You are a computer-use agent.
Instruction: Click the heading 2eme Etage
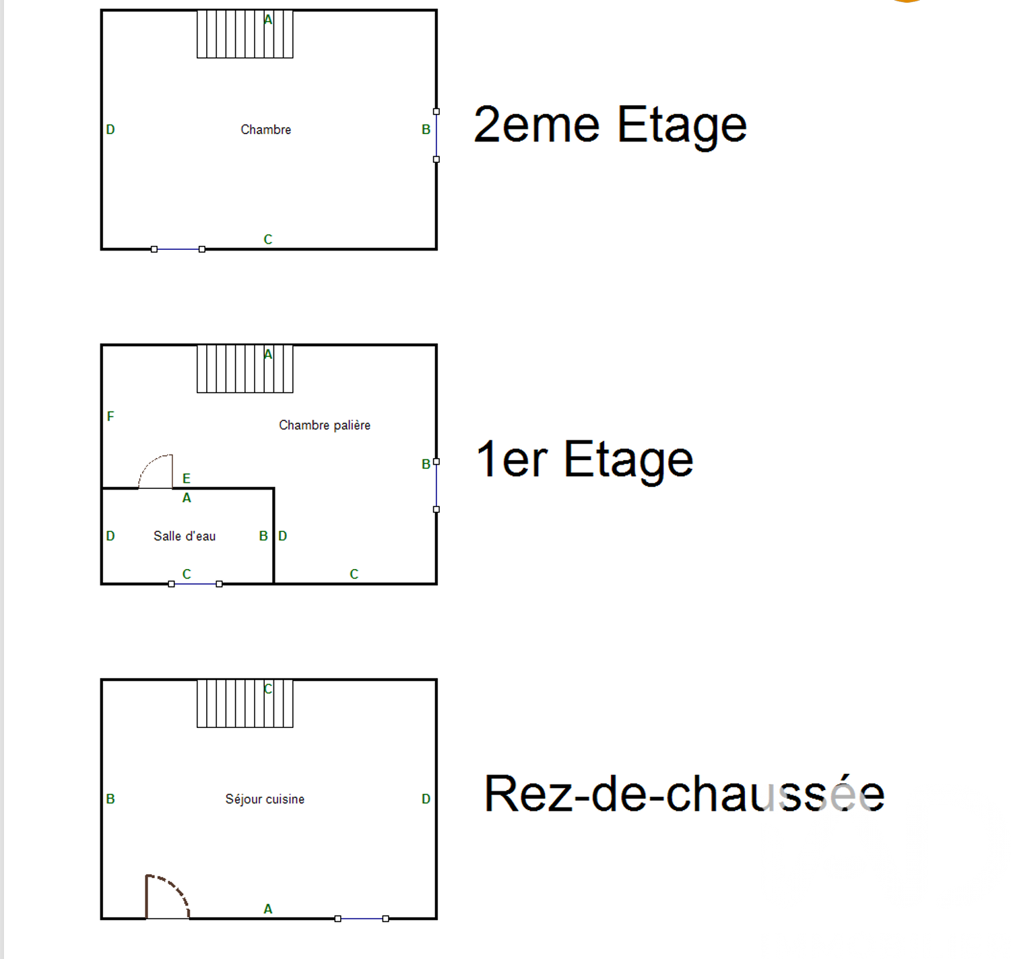pyautogui.click(x=610, y=125)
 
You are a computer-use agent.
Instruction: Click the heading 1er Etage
pyautogui.click(x=585, y=460)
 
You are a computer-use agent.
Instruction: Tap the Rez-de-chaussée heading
pyautogui.click(x=684, y=794)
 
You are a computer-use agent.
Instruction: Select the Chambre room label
pyautogui.click(x=266, y=130)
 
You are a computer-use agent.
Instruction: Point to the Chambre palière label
pyautogui.click(x=325, y=425)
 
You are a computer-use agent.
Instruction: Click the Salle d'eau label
pyautogui.click(x=185, y=536)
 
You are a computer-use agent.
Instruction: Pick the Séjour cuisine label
pyautogui.click(x=265, y=799)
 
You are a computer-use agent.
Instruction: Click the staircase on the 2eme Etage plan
pyautogui.click(x=244, y=34)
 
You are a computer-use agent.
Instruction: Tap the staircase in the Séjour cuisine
pyautogui.click(x=244, y=704)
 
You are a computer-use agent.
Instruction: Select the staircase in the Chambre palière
pyautogui.click(x=244, y=369)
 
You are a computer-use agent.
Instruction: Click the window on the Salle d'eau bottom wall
pyautogui.click(x=195, y=584)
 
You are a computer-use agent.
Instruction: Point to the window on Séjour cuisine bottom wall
pyautogui.click(x=362, y=919)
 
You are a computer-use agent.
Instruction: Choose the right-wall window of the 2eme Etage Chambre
pyautogui.click(x=436, y=135)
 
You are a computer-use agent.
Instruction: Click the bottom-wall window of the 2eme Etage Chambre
pyautogui.click(x=178, y=249)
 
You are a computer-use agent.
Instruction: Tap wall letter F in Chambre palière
pyautogui.click(x=110, y=417)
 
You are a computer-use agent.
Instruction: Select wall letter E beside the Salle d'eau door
pyautogui.click(x=187, y=479)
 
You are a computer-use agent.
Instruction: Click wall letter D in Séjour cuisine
pyautogui.click(x=426, y=799)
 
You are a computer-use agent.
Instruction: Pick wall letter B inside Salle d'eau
pyautogui.click(x=263, y=536)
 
